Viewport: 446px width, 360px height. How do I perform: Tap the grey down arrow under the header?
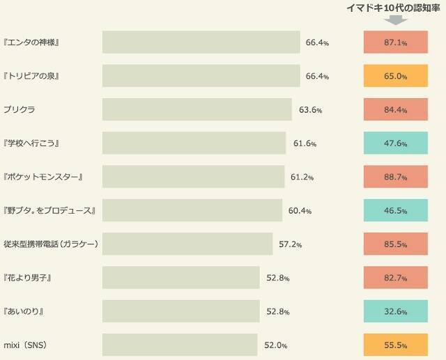click(395, 20)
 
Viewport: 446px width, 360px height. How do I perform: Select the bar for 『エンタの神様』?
click(201, 42)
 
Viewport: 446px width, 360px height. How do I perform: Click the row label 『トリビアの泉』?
click(31, 76)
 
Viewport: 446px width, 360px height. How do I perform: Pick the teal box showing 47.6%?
click(395, 143)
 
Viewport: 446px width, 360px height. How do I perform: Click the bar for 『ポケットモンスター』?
click(193, 177)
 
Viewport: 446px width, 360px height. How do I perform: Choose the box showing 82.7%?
click(395, 278)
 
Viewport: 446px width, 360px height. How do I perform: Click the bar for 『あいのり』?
click(180, 311)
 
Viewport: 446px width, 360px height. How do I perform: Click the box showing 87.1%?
click(395, 42)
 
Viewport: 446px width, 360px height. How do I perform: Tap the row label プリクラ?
click(20, 110)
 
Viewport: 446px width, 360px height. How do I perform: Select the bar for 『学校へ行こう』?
click(194, 143)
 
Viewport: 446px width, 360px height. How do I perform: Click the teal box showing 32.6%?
click(395, 311)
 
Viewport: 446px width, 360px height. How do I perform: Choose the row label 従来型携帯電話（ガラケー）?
click(50, 244)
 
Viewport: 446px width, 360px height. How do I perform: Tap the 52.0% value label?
click(275, 345)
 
